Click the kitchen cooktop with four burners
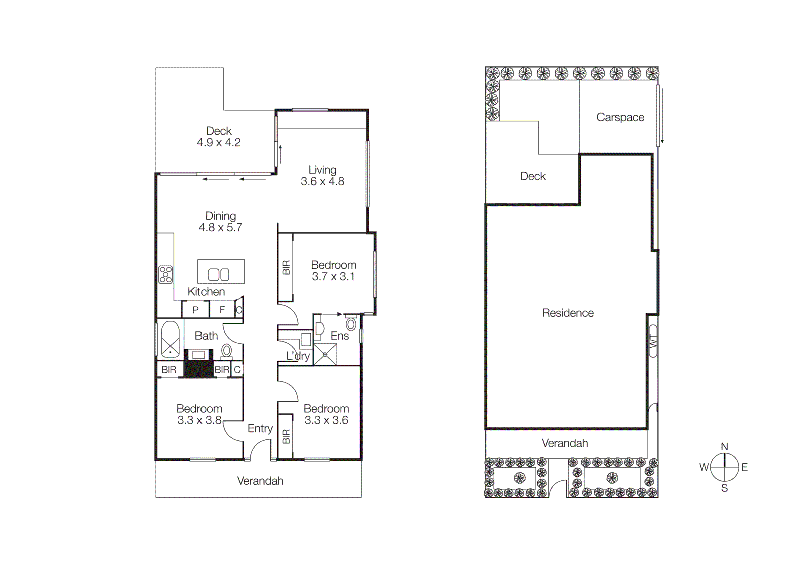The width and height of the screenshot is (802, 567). (166, 274)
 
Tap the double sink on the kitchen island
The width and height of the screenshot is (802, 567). (219, 274)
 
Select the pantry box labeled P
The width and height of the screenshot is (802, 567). (195, 310)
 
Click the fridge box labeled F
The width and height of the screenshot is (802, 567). (222, 310)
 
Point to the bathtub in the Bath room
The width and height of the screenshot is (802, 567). (170, 339)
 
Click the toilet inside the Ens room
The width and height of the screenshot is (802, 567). (351, 323)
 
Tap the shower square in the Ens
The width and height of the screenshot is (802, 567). (325, 354)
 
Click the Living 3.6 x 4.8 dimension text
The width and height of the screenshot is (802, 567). (322, 182)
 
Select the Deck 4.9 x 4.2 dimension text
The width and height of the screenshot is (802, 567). (219, 143)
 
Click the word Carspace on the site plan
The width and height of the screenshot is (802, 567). (620, 117)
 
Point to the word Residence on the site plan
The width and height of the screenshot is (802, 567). (568, 313)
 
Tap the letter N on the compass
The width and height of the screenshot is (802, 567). (724, 446)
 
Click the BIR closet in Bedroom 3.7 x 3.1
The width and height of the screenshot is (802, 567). (286, 267)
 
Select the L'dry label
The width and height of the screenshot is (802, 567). (298, 356)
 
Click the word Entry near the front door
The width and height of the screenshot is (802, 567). (260, 428)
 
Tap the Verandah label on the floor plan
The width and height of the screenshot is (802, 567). (260, 481)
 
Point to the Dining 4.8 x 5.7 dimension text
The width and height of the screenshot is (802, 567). (220, 228)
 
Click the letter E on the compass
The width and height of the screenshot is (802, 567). (744, 467)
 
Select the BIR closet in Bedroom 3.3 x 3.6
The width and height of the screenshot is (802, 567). (286, 436)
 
